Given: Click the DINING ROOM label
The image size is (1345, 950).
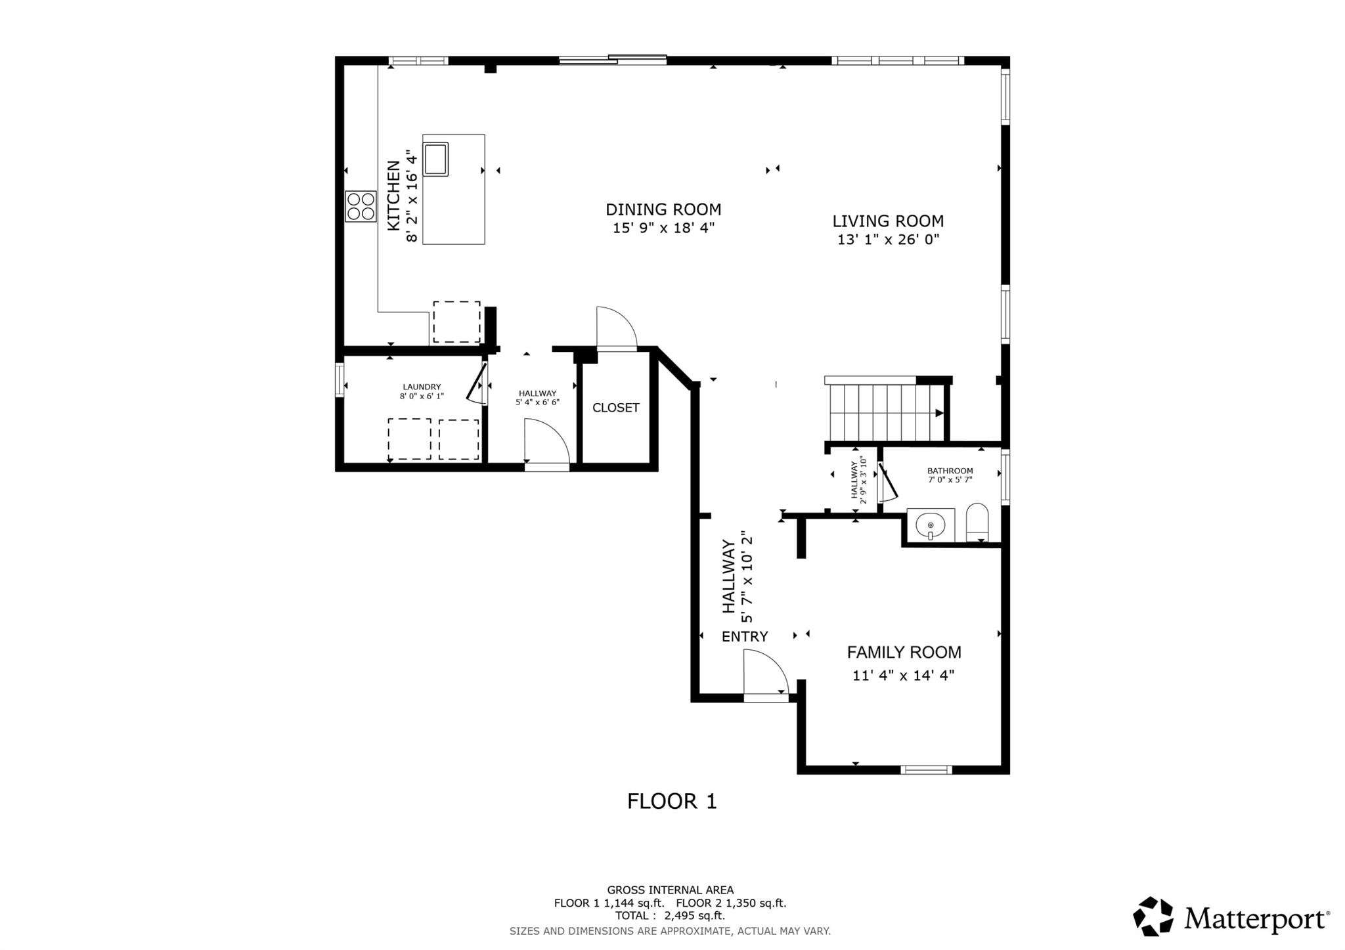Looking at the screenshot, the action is (663, 209).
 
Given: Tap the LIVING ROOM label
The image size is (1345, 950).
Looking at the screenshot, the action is (888, 221).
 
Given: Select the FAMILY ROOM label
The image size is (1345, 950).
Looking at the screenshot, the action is (904, 653).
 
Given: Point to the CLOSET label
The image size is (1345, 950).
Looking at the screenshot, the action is (616, 408).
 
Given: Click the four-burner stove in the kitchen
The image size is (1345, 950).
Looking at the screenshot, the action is (361, 206).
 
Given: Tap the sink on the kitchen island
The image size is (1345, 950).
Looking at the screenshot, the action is (435, 159).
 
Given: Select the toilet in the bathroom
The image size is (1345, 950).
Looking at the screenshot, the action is (977, 523).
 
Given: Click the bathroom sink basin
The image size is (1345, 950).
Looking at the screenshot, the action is (931, 525).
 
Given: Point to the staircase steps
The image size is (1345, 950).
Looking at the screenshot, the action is (886, 413).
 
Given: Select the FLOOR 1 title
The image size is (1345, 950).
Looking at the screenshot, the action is (672, 802).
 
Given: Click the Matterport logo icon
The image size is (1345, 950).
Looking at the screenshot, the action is (1153, 916).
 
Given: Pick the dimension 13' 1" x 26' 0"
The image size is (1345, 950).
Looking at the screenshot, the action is (888, 240).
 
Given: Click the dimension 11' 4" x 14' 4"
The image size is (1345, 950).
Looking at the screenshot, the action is (904, 675).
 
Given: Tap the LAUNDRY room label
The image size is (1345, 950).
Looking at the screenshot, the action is (422, 387).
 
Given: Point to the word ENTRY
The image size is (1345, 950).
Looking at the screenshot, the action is (745, 637).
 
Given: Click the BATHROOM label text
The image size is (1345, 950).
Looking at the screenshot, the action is (950, 471).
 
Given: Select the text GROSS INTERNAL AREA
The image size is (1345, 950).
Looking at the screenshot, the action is (670, 890).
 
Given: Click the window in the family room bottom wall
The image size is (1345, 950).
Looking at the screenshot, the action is (926, 770).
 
